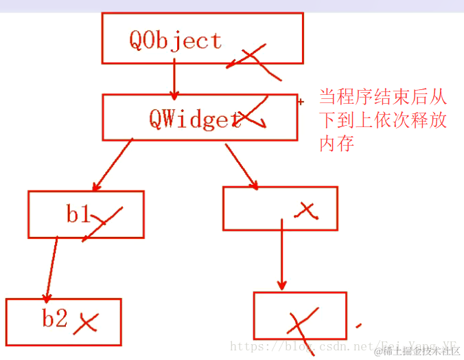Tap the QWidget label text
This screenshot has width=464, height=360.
click(x=194, y=119)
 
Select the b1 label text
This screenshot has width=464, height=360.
click(x=79, y=214)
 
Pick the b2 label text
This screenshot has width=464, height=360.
click(x=54, y=319)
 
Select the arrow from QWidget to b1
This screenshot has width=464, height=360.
click(x=113, y=165)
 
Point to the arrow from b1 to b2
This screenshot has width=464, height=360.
click(x=51, y=268)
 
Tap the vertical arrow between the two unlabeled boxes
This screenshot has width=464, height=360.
click(x=281, y=254)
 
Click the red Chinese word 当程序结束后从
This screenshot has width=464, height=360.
click(x=383, y=96)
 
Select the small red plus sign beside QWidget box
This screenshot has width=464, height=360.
click(x=301, y=102)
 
